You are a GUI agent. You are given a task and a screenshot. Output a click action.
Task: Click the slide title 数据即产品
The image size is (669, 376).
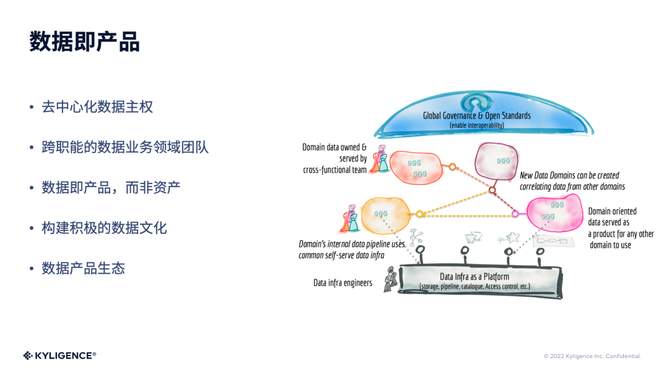point(85,42)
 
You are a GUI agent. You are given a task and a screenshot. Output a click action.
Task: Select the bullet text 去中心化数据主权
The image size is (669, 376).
point(97,107)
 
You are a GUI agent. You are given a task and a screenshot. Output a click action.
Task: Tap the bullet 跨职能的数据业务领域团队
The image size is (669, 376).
point(125,147)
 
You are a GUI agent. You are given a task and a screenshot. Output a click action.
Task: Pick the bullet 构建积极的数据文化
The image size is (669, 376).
point(104,228)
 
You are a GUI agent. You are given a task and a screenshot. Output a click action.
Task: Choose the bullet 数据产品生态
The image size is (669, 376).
point(83,268)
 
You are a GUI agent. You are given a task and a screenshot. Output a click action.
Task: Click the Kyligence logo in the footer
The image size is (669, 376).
point(59,356)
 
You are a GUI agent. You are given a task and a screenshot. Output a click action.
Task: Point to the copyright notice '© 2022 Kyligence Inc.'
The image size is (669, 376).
point(592,356)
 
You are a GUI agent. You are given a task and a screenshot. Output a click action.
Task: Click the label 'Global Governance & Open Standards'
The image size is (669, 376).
point(476,116)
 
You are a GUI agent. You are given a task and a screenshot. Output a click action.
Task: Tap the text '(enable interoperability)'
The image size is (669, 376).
point(476,126)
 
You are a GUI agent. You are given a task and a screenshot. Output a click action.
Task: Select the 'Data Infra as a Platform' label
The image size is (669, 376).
point(474,277)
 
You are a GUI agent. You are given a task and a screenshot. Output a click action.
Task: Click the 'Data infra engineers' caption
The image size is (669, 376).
point(343,283)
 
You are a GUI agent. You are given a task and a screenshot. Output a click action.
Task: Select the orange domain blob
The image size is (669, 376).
point(385,214)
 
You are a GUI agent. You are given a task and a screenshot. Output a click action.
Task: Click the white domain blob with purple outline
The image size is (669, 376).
point(496,160)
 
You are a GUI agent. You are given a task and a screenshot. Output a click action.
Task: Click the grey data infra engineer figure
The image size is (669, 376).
point(390,281)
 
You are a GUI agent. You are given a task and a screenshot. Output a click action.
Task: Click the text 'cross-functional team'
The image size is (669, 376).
point(334,170)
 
